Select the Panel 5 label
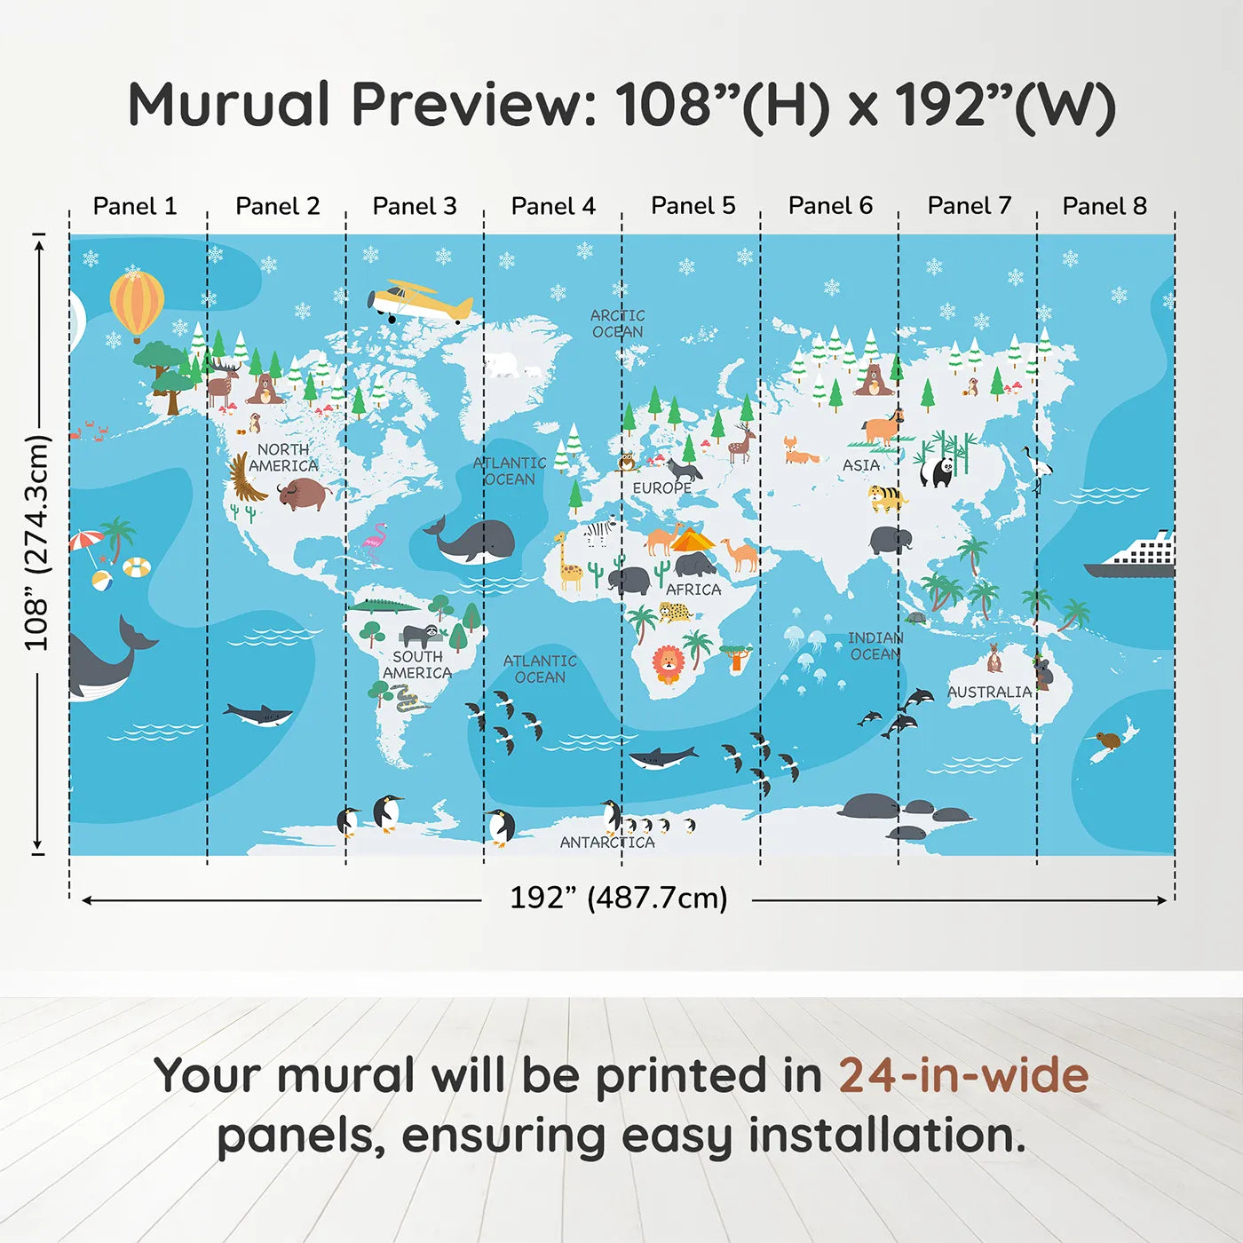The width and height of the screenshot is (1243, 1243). [x=693, y=206]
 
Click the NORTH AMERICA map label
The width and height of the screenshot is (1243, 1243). [x=283, y=457]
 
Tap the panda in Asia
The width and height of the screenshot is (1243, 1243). [x=937, y=471]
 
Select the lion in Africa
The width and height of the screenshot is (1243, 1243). [x=667, y=663]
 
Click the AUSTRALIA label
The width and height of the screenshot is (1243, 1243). [x=989, y=692]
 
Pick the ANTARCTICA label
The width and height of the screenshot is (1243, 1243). [x=607, y=842]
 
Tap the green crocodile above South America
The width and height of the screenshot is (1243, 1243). [x=384, y=607]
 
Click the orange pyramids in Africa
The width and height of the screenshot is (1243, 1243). [x=692, y=539]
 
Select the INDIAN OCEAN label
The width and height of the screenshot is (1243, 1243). [x=875, y=645]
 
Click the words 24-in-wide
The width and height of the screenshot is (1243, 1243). [x=963, y=1075]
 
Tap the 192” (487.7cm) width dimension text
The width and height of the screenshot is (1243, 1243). [x=618, y=898]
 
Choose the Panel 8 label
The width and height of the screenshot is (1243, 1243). [x=1104, y=206]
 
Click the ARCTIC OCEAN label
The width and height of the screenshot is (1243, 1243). [x=618, y=323]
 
